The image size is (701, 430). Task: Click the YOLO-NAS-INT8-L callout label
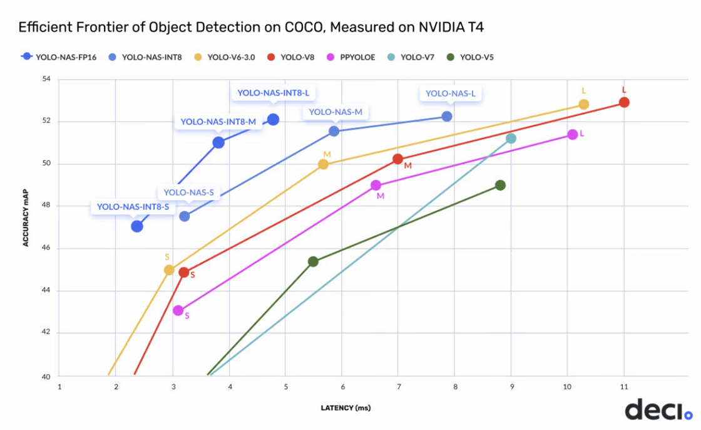(x=274, y=93)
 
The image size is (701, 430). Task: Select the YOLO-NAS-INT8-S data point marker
(x=137, y=226)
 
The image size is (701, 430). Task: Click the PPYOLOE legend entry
(x=354, y=56)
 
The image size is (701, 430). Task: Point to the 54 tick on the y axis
(x=46, y=80)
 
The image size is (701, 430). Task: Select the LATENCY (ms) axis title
(x=345, y=408)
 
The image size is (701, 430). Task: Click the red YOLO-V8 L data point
(x=624, y=102)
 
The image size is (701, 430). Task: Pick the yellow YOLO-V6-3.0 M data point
(x=323, y=164)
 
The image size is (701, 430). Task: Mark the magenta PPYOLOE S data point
(x=178, y=310)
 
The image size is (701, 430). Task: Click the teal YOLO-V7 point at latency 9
(x=511, y=139)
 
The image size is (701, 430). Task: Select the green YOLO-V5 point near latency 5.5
(x=313, y=261)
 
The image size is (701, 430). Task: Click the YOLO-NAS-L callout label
(x=451, y=93)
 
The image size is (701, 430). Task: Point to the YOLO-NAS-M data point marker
(x=334, y=131)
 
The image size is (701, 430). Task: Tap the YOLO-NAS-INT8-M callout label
(x=218, y=122)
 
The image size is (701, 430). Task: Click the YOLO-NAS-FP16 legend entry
(x=59, y=56)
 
